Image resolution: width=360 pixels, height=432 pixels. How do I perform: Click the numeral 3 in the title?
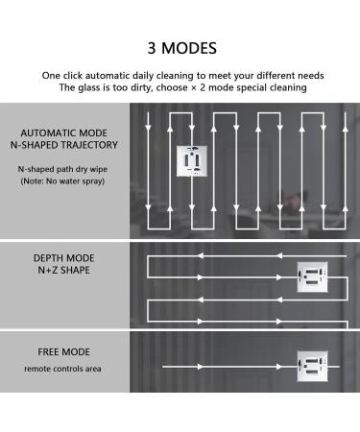point(152,48)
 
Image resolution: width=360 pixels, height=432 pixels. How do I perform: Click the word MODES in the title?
point(189,48)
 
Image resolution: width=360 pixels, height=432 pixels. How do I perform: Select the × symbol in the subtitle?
point(193,88)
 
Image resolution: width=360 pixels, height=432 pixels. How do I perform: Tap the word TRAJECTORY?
point(89,145)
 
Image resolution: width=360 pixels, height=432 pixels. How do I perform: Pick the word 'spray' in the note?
point(94,181)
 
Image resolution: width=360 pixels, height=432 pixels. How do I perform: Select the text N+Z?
point(48,270)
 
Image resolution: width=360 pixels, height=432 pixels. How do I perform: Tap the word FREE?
point(48,352)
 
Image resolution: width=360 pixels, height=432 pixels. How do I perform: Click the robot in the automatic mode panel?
point(192,161)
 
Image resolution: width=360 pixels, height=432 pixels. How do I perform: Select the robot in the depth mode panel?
point(312,277)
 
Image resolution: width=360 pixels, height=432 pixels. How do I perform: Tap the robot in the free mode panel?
point(312,367)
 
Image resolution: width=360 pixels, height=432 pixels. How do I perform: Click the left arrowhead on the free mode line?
point(200,367)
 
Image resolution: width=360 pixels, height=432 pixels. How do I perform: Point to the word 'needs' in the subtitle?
point(311,76)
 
